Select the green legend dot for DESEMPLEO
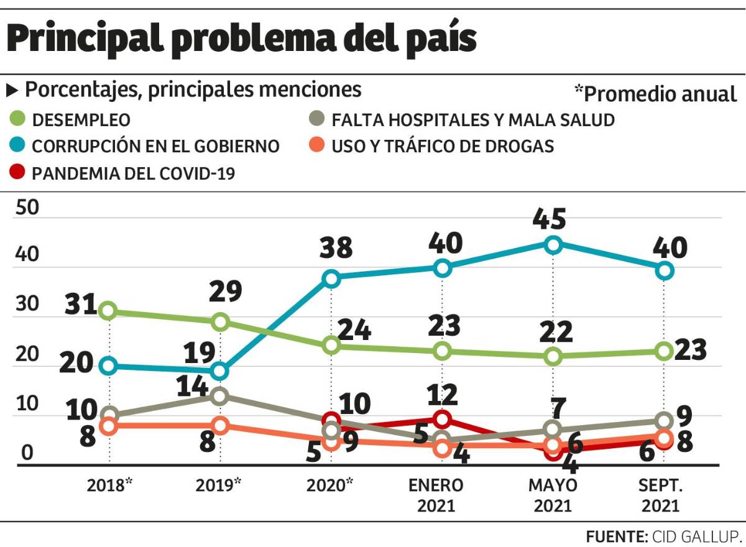17,119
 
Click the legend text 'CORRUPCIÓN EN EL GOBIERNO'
155,147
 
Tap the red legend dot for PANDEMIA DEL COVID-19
17,172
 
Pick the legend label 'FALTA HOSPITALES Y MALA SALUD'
472,119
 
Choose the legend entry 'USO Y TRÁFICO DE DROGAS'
442,147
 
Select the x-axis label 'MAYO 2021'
553,495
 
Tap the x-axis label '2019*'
219,485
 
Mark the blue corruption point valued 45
553,244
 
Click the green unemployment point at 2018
109,310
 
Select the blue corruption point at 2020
331,278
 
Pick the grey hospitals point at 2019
219,396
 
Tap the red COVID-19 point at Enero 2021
442,418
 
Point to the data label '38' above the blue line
336,248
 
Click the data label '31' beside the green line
80,305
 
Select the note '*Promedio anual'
655,94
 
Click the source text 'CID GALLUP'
696,536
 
